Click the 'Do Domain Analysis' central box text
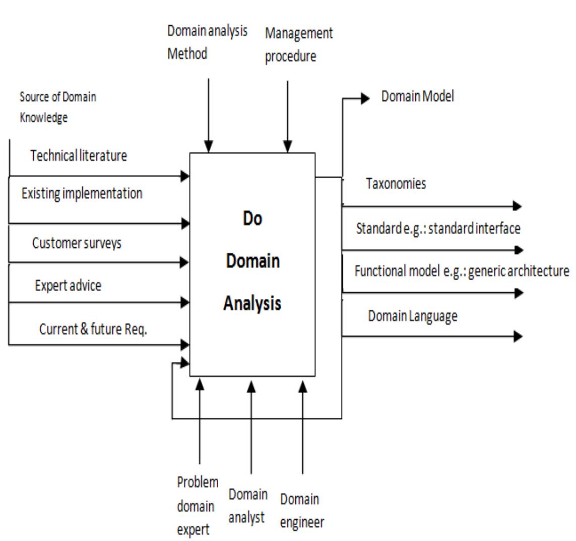(252, 261)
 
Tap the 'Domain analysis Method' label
(207, 42)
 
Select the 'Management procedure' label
(299, 44)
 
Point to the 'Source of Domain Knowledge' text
(57, 106)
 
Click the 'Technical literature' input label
(79, 155)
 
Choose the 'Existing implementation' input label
(82, 193)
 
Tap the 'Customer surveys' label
(77, 243)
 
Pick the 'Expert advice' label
(68, 286)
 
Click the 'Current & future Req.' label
(93, 330)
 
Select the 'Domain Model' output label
(417, 96)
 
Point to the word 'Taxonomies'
(396, 184)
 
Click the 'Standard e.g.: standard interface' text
(438, 229)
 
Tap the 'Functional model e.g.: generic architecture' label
(462, 271)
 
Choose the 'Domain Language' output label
(412, 316)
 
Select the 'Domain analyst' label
(247, 506)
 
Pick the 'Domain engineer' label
(301, 510)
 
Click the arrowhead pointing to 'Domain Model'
(365, 98)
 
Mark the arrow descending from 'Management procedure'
(287, 116)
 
